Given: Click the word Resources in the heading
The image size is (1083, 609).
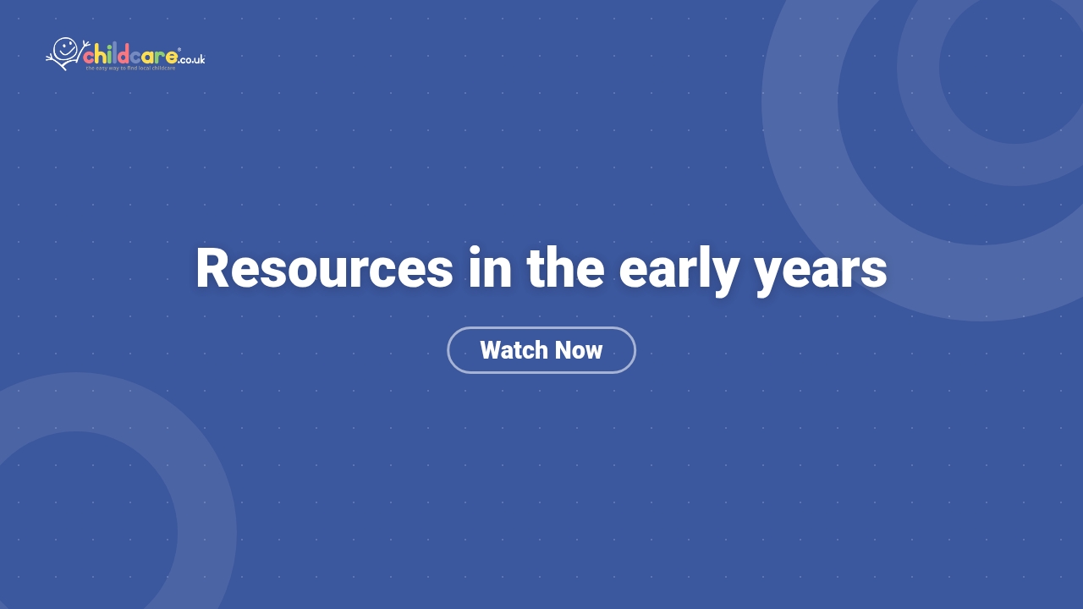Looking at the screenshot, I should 324,269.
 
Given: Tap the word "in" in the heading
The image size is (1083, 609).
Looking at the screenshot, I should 490,269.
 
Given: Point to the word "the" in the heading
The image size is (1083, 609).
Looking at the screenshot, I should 565,269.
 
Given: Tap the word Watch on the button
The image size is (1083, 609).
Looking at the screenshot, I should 510,350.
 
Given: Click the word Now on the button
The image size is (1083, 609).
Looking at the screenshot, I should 579,350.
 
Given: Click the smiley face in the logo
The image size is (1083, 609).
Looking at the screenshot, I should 65,49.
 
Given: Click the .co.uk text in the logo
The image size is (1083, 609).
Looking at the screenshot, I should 192,59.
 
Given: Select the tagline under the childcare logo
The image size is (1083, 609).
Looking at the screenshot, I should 130,68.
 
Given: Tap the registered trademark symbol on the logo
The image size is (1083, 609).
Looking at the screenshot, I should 179,50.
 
